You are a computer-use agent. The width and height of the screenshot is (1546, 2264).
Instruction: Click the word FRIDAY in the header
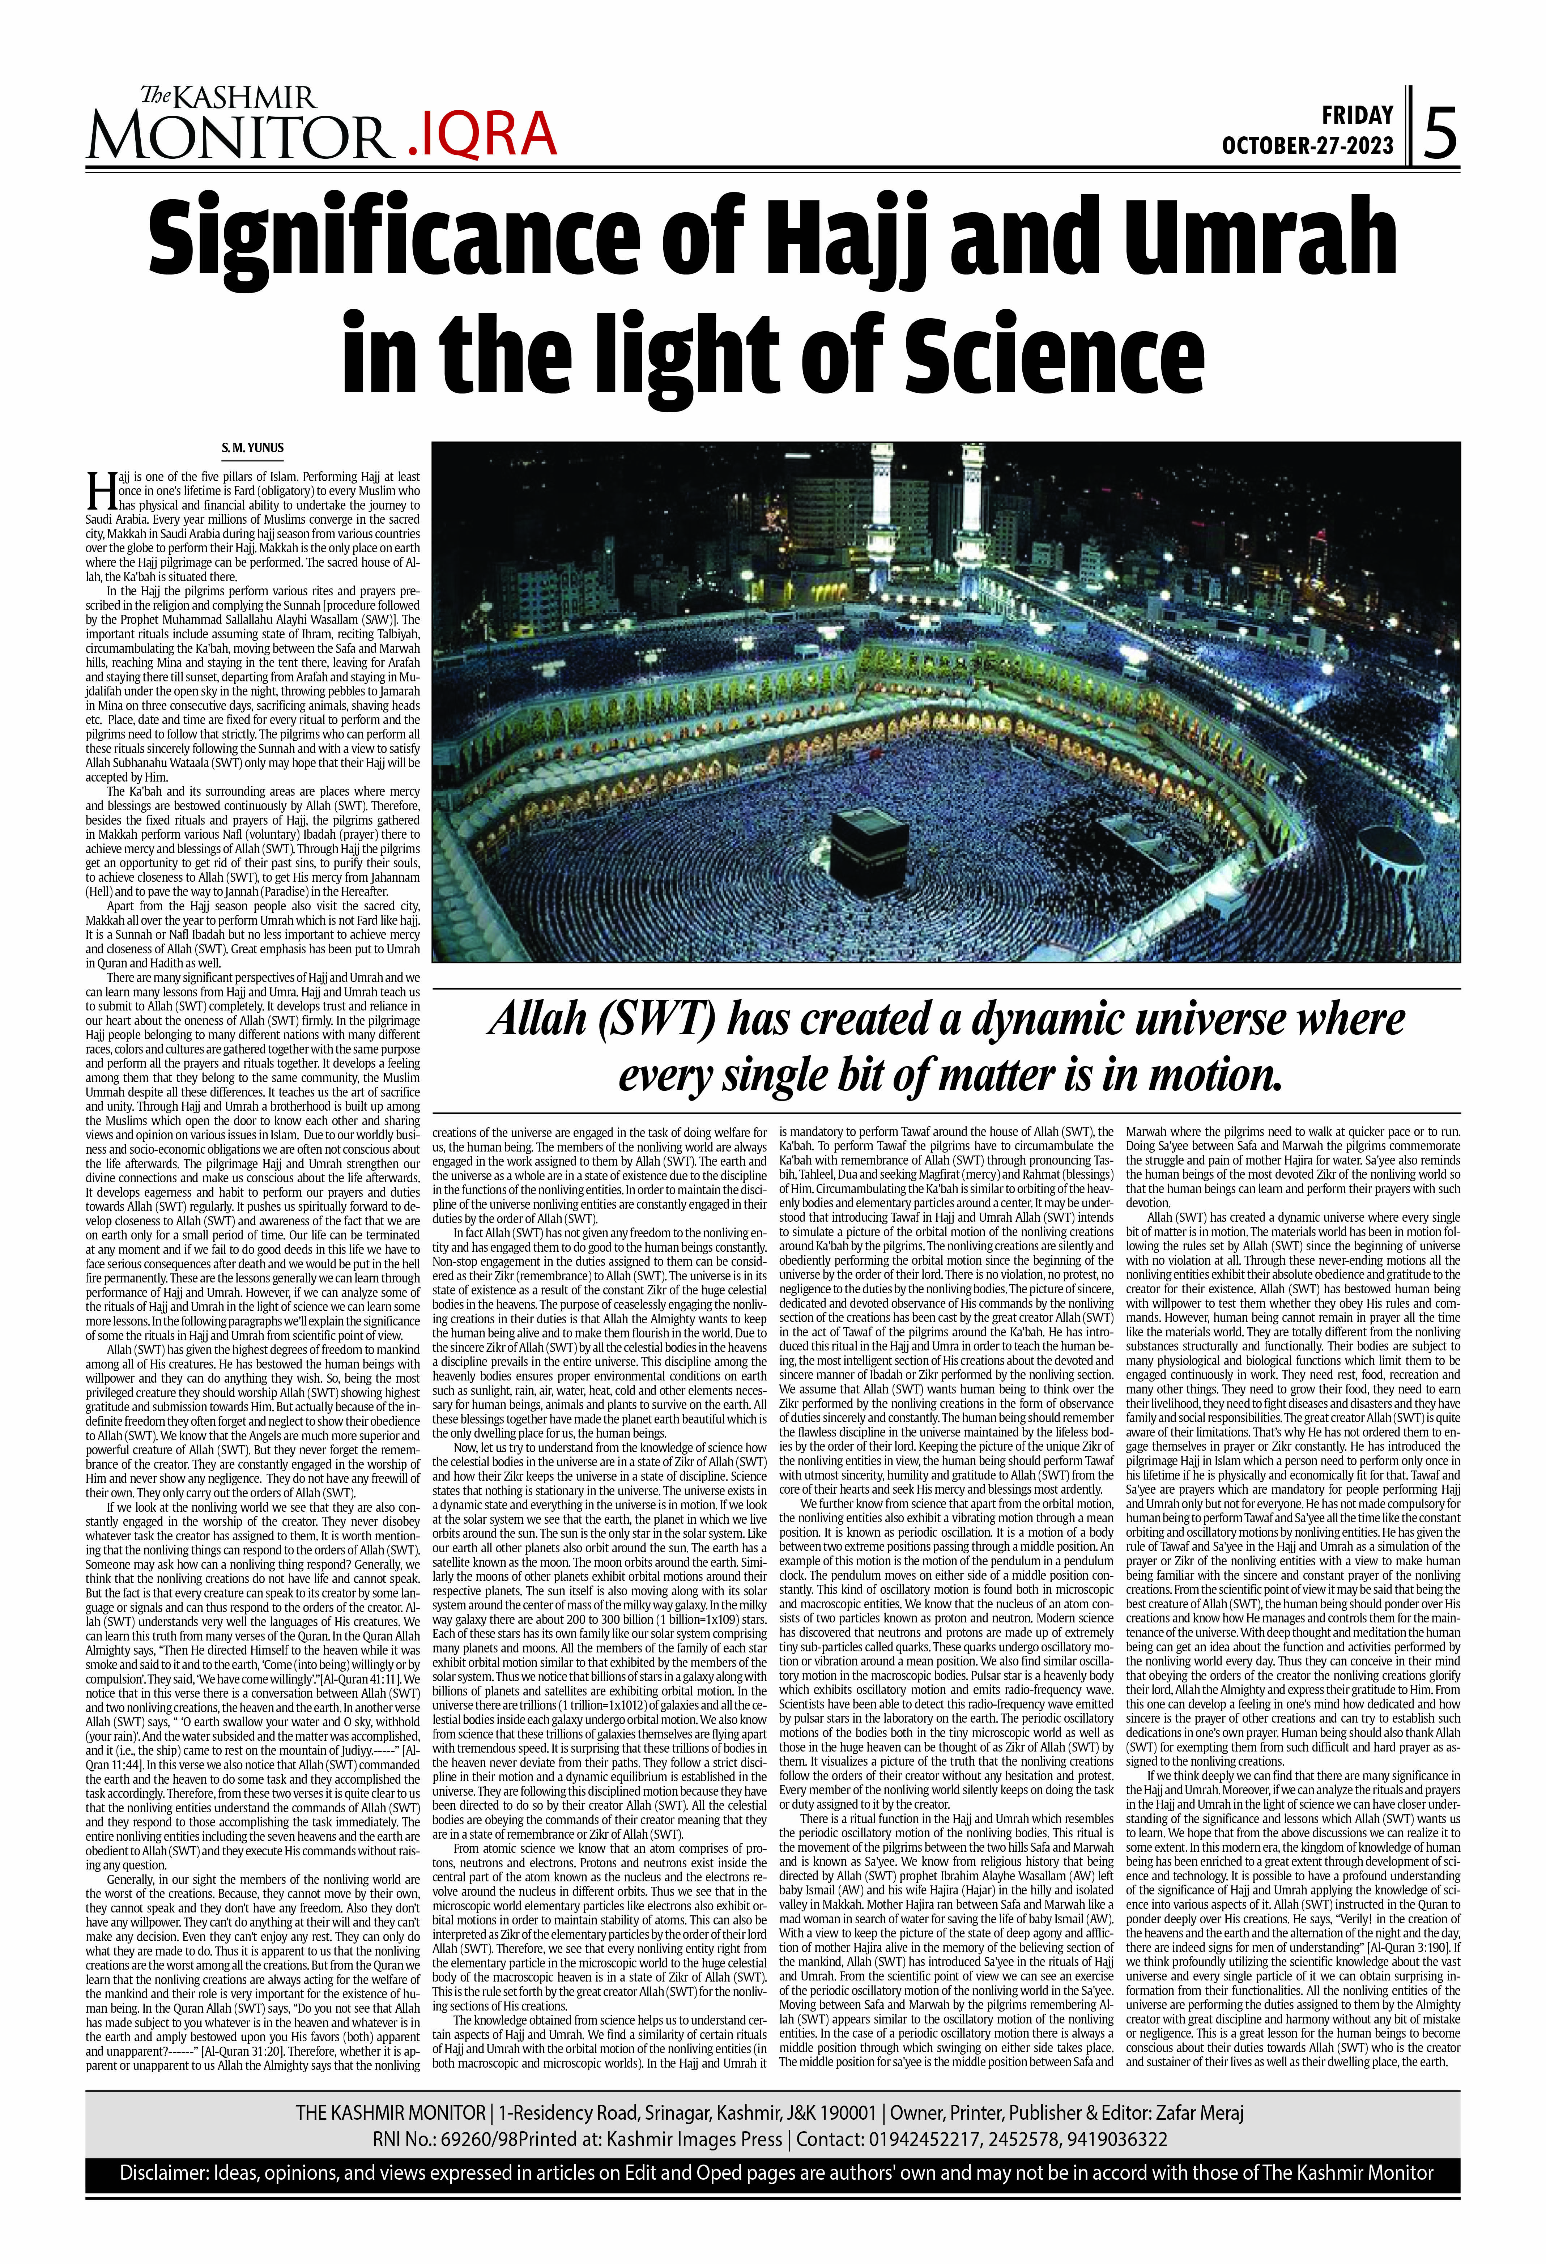[x=1357, y=115]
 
